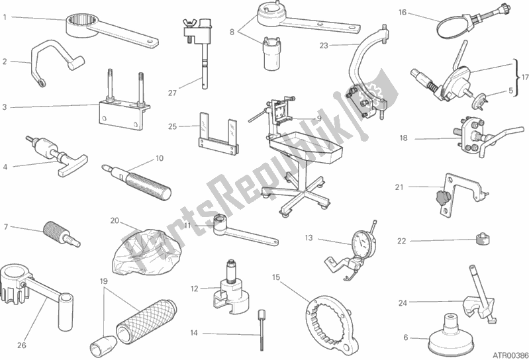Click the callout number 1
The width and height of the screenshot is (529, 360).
tap(5, 17)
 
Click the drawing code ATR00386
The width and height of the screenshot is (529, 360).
tap(506, 355)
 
